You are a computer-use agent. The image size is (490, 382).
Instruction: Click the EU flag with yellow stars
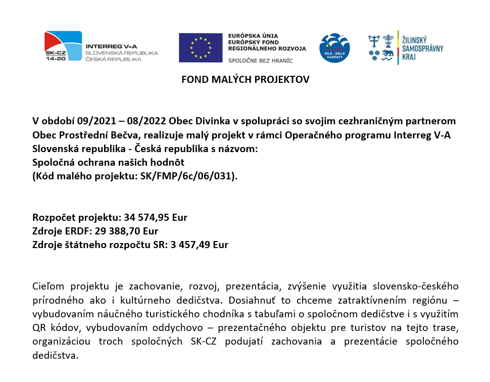tap(201, 47)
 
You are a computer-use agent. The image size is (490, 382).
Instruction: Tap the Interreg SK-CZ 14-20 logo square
tap(63, 46)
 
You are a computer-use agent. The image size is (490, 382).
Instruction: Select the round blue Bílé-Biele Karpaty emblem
tap(334, 48)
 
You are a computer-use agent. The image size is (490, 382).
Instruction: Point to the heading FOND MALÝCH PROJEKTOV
tap(245, 79)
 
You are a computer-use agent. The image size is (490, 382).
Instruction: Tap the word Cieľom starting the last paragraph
tap(49, 287)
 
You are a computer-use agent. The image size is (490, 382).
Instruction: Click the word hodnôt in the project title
tap(170, 163)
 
